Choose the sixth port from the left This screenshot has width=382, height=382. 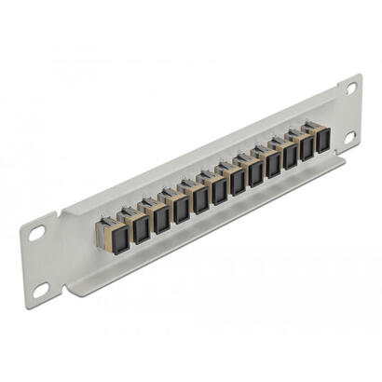[219, 189]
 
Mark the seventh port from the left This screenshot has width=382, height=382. [238, 182]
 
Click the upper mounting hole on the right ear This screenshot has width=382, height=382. [352, 89]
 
